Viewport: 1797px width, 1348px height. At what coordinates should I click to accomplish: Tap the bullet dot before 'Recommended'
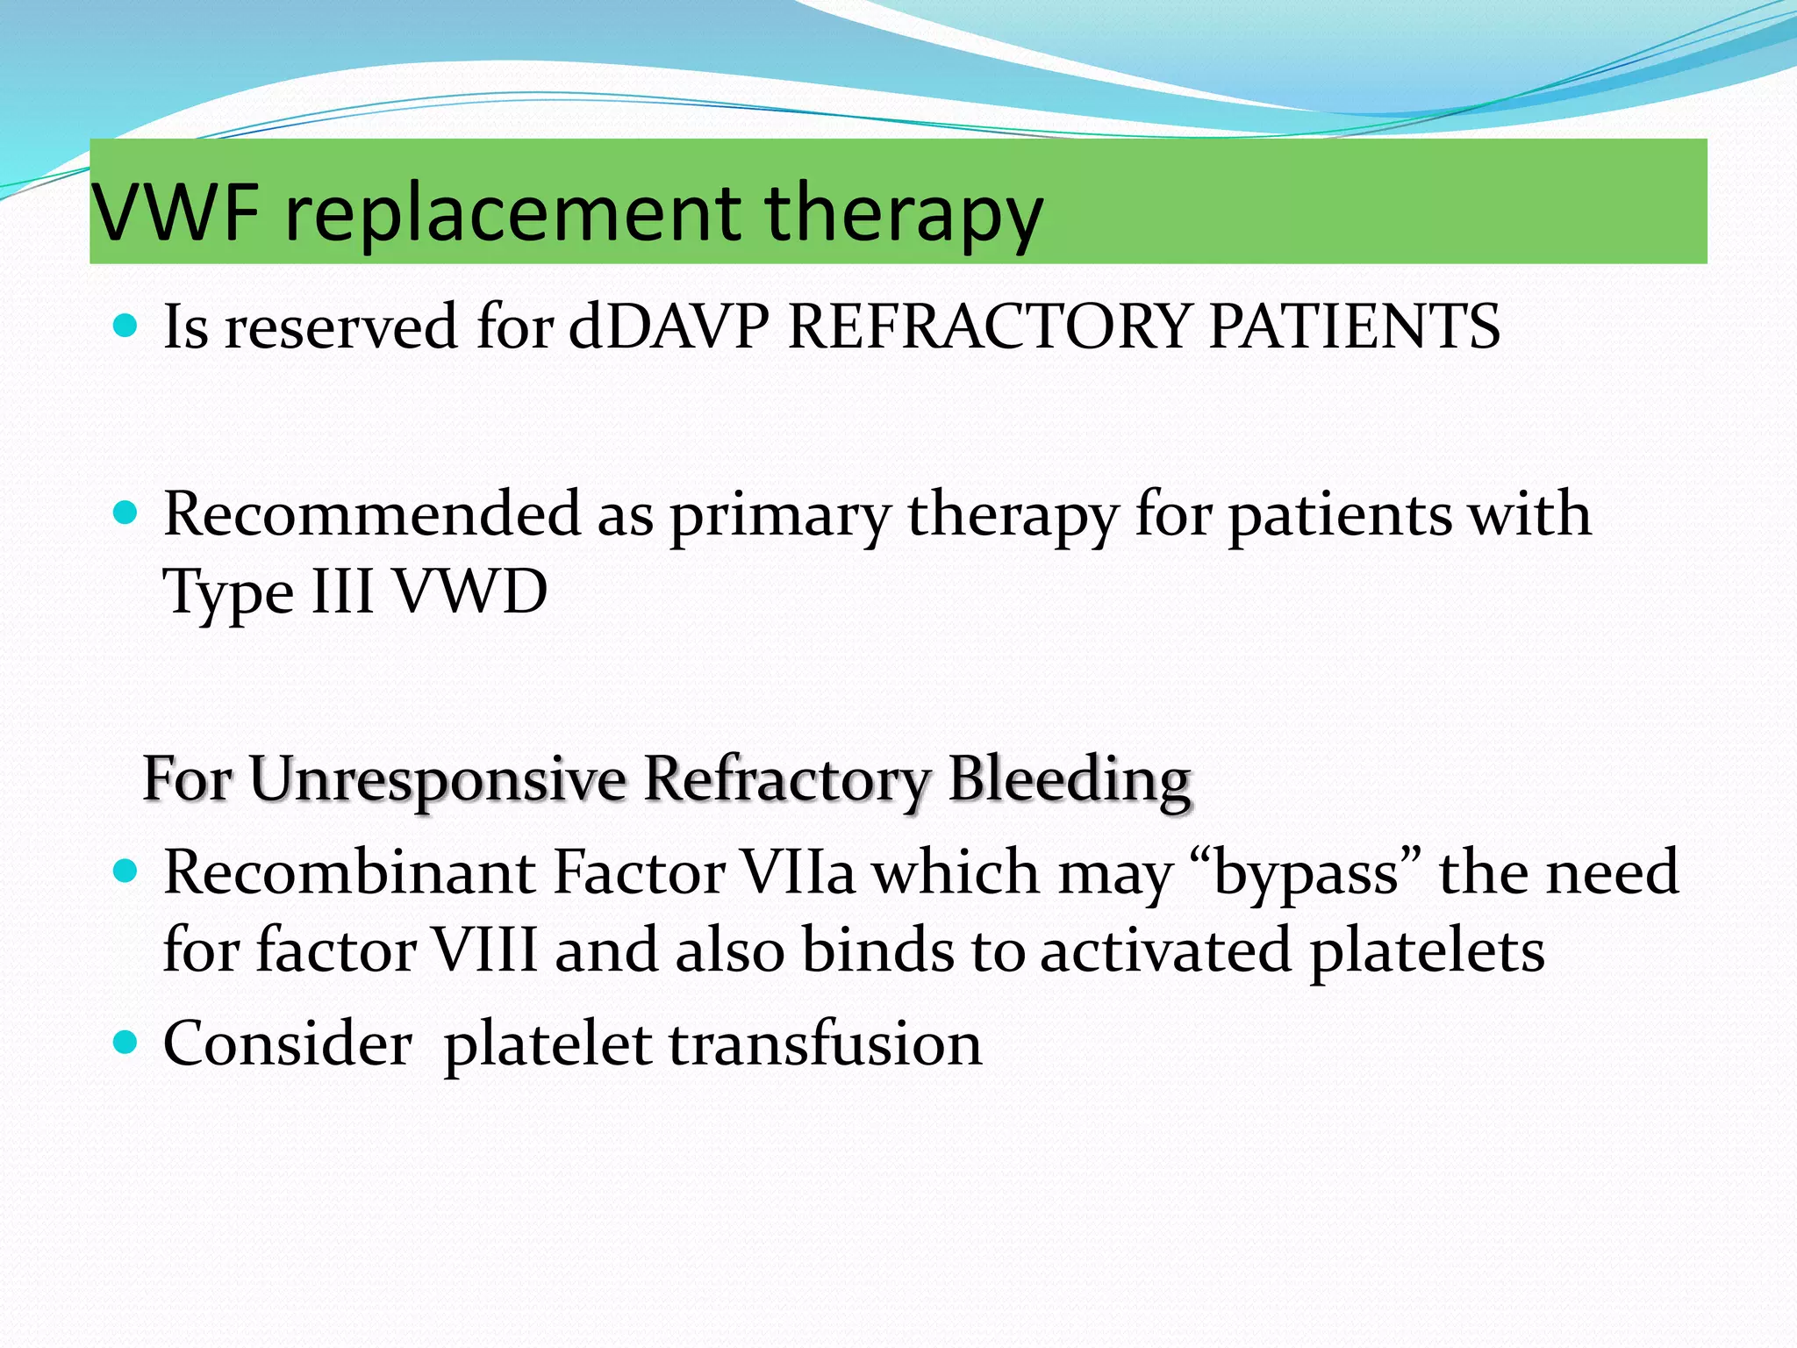[x=126, y=513]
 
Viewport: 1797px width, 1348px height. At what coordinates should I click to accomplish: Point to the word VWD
[x=469, y=592]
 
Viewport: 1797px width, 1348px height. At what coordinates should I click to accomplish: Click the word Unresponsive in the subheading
[x=436, y=779]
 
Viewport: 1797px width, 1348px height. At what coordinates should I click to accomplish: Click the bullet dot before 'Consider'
[x=126, y=1043]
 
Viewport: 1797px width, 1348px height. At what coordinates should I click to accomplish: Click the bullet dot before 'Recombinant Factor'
[x=126, y=871]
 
